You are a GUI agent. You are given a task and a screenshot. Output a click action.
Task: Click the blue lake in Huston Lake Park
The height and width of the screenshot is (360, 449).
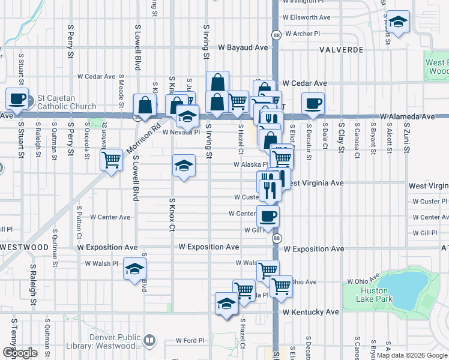405,288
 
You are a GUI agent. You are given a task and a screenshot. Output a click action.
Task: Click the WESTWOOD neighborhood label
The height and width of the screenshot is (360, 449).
24,247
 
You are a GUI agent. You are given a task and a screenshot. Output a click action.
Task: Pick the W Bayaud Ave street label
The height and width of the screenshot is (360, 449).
243,47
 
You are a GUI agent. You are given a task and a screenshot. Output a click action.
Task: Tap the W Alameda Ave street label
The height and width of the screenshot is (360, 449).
406,117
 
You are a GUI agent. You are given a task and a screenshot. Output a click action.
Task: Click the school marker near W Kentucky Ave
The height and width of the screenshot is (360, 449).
226,305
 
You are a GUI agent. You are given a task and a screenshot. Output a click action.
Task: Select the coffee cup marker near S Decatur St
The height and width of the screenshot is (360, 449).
312,103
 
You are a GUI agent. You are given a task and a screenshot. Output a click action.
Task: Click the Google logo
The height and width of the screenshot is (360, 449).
20,353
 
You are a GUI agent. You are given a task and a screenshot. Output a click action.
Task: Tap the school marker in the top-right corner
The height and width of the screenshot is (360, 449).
397,22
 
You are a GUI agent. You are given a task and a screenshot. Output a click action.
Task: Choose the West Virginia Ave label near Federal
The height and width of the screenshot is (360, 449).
313,182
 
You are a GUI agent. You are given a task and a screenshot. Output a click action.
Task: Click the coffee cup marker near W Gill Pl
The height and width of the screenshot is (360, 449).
268,215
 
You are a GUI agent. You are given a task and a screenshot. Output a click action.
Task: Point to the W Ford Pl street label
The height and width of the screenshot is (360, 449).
190,341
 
